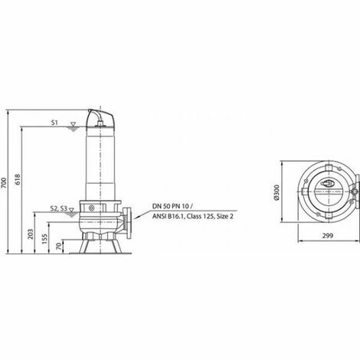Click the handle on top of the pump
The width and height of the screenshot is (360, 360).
click(x=105, y=116)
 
